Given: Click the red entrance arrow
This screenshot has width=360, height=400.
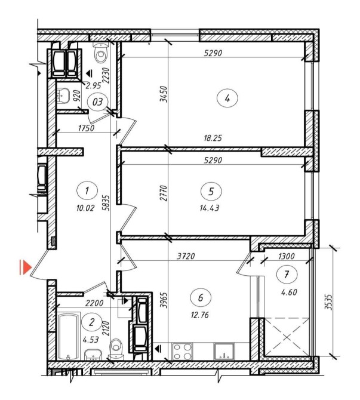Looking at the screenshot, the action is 26,267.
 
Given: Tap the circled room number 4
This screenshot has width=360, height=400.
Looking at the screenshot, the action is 227,99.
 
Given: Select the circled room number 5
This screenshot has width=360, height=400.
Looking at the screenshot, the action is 211,191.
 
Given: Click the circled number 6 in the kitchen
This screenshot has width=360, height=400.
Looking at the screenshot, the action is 201,298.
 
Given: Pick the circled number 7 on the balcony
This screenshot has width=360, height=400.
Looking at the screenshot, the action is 287,275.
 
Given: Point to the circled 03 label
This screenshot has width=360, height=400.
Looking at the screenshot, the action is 97,102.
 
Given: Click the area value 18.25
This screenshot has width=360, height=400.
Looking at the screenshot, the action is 213,139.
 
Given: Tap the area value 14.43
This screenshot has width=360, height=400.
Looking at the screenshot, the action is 210,208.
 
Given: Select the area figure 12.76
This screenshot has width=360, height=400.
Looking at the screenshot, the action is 200,315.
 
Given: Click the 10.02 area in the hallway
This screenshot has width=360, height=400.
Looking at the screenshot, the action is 85,208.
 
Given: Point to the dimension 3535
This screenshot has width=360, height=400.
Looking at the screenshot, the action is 330,302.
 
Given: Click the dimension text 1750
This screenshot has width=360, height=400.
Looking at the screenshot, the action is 86,128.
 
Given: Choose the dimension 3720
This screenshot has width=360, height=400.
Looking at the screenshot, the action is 186,256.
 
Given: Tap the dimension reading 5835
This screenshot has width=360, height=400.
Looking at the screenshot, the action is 107,203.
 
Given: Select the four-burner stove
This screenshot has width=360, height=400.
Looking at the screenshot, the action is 182,351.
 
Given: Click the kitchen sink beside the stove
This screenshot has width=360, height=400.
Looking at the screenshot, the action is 224,351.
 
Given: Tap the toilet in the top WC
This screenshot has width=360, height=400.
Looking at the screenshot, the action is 101,53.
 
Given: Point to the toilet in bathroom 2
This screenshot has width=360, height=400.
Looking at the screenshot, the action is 116,349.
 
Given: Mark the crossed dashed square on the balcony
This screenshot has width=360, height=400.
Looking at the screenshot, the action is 287,337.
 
